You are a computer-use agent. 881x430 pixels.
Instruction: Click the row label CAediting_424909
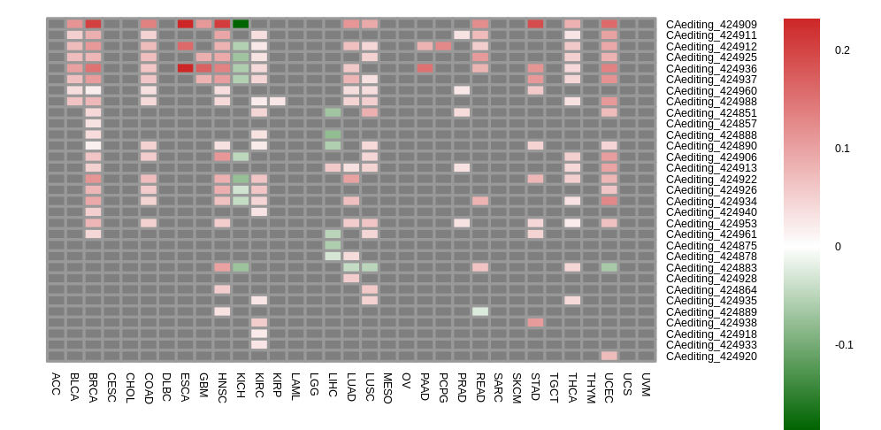coord(711,25)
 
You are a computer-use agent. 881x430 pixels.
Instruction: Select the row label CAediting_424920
coord(711,357)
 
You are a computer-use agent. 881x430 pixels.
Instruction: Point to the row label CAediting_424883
coord(711,268)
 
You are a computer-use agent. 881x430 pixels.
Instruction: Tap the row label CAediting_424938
coord(711,323)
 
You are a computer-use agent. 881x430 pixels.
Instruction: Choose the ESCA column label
coord(185,387)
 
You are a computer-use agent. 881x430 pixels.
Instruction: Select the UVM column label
coord(646,385)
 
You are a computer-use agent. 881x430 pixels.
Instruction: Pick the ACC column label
coord(56,383)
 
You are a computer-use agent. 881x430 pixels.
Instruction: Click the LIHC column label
coord(333,385)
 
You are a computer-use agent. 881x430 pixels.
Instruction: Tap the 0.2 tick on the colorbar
coord(842,50)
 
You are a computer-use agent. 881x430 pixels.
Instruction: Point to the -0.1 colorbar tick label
coord(844,345)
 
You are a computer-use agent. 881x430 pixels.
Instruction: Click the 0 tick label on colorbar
coord(838,247)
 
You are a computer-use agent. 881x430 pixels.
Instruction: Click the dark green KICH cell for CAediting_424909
coord(241,24)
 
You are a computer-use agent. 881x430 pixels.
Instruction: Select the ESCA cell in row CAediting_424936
coord(185,68)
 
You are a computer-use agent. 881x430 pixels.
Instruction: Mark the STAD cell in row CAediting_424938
coord(535,323)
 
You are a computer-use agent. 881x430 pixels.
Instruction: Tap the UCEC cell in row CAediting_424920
coord(609,356)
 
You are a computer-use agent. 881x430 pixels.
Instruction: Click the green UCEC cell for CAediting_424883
coord(609,267)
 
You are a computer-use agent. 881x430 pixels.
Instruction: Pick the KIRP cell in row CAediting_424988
coord(278,102)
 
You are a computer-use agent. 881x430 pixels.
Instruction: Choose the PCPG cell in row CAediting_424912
coord(443,46)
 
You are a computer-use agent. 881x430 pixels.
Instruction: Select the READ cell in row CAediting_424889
coord(480,311)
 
